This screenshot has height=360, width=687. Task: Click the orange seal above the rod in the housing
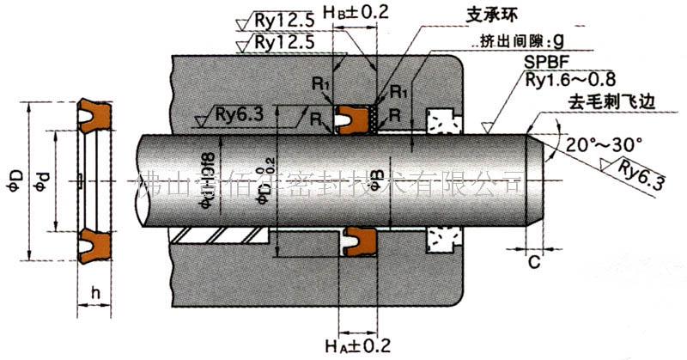pyautogui.click(x=351, y=119)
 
